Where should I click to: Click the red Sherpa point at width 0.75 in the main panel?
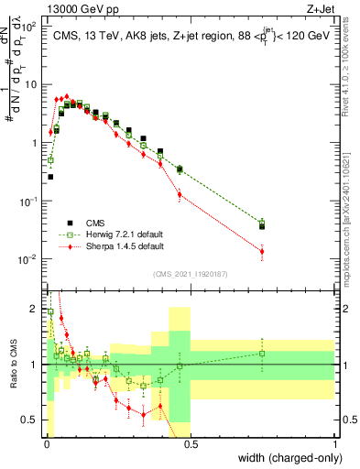click(262, 252)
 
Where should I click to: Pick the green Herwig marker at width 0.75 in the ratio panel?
click(262, 354)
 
